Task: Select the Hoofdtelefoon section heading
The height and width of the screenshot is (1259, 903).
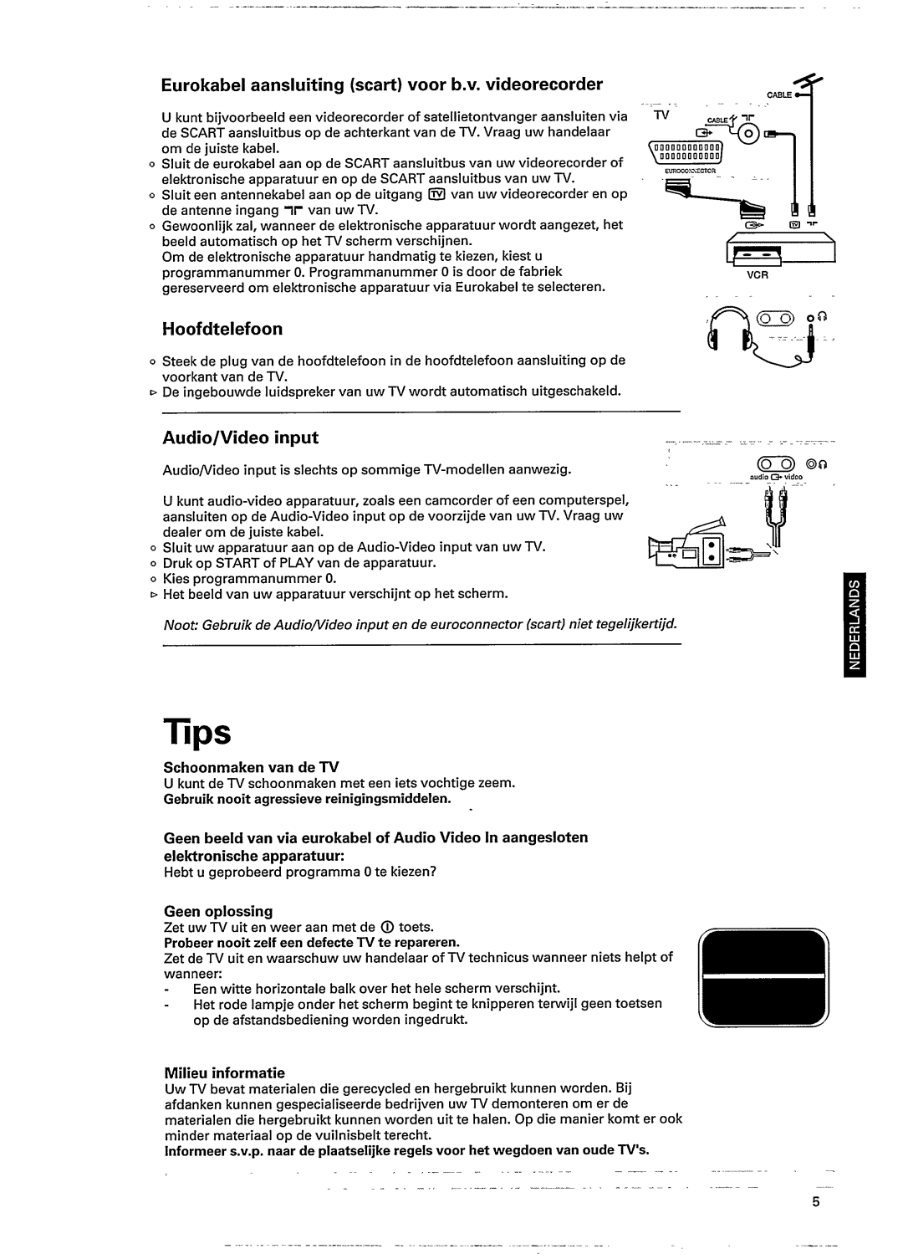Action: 222,328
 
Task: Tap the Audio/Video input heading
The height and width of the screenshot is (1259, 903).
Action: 240,438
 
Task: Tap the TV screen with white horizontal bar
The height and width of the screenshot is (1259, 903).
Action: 763,979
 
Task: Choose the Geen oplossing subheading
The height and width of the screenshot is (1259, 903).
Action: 218,911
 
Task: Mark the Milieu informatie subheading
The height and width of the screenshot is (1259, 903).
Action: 224,1072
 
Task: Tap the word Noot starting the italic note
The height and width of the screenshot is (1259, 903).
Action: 177,625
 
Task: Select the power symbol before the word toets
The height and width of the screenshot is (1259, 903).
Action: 386,927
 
